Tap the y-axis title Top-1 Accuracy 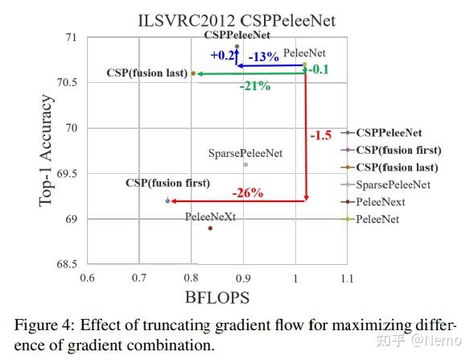pyautogui.click(x=47, y=151)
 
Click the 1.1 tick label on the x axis pyautogui.click(x=347, y=278)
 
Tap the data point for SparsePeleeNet pyautogui.click(x=245, y=164)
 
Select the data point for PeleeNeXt pyautogui.click(x=211, y=228)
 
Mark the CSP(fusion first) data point pyautogui.click(x=167, y=201)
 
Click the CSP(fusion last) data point pyautogui.click(x=193, y=73)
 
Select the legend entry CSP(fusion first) pyautogui.click(x=398, y=150)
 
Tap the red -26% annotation pyautogui.click(x=248, y=193)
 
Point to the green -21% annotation pyautogui.click(x=254, y=87)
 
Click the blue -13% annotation pyautogui.click(x=263, y=56)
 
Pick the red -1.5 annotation pyautogui.click(x=320, y=135)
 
